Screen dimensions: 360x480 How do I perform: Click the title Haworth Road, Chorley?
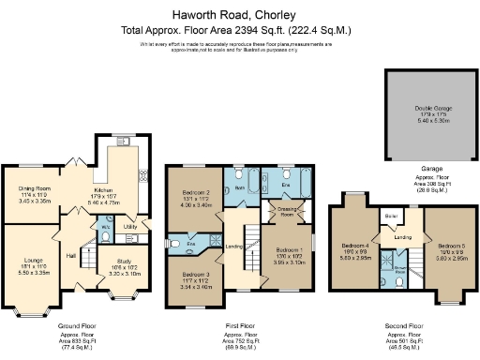(x=239, y=16)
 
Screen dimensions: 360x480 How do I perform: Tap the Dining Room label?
(x=35, y=188)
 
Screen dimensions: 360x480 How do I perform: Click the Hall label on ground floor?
(x=70, y=254)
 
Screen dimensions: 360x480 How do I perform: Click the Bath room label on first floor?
(x=239, y=187)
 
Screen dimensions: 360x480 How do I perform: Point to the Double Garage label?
(x=431, y=109)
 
